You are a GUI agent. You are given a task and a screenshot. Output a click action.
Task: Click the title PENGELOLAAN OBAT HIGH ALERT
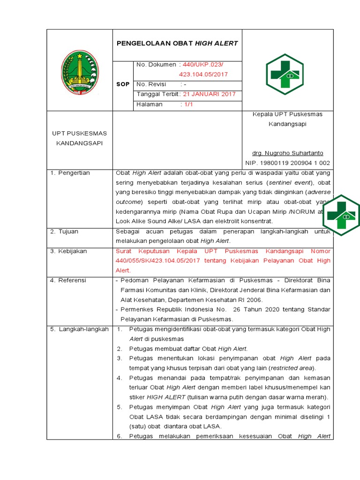(x=177, y=43)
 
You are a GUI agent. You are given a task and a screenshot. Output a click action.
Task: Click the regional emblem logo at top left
(x=80, y=72)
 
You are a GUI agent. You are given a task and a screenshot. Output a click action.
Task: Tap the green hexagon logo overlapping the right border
(x=342, y=216)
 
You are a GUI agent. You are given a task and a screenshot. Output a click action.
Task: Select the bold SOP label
(x=122, y=84)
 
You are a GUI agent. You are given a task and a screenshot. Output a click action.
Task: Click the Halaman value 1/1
(x=187, y=104)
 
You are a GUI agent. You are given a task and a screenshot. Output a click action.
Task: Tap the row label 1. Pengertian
(x=70, y=173)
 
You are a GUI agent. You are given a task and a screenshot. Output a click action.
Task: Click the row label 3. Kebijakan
(x=68, y=251)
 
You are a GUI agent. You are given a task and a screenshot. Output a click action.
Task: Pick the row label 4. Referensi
(x=68, y=280)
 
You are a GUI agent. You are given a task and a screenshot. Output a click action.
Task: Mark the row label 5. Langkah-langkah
(x=79, y=329)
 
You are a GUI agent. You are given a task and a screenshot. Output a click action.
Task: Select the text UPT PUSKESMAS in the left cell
(x=80, y=134)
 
